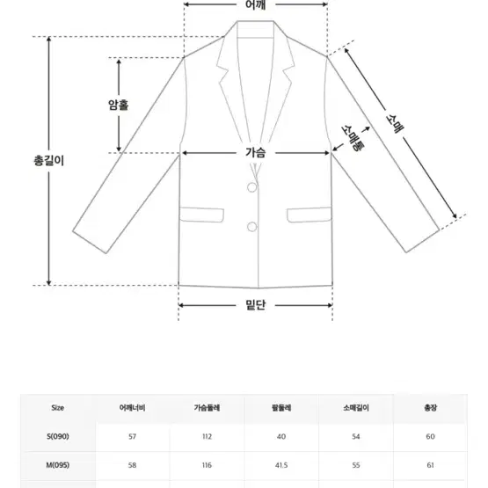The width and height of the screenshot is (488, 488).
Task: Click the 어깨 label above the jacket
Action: tap(256, 4)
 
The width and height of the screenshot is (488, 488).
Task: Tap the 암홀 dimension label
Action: tap(119, 105)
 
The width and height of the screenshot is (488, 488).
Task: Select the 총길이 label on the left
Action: tap(49, 161)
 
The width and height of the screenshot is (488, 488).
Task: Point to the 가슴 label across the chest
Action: tap(256, 152)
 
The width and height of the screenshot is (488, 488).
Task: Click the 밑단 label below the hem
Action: tap(256, 305)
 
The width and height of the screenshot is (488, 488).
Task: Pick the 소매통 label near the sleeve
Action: tap(353, 138)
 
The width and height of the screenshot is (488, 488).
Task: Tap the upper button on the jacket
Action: tap(252, 187)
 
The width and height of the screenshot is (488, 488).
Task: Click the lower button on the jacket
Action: tap(252, 227)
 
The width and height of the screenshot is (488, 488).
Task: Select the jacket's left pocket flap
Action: tap(202, 215)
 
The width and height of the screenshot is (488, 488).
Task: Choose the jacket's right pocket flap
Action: tap(309, 215)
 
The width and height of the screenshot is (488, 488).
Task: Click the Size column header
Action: tap(57, 408)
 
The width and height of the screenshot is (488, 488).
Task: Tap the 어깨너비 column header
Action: tap(132, 408)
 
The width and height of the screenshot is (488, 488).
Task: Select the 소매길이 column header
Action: tap(356, 408)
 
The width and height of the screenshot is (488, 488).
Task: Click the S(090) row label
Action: tap(58, 436)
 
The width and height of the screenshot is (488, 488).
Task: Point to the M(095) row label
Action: tap(57, 465)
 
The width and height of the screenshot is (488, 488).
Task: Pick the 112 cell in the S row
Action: tap(207, 436)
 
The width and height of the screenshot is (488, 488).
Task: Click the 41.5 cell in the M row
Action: tap(281, 465)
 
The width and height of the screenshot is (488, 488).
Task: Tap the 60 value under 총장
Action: tap(431, 436)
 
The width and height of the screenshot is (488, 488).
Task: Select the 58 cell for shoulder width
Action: tap(132, 465)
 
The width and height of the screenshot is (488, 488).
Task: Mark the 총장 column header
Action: tap(431, 408)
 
